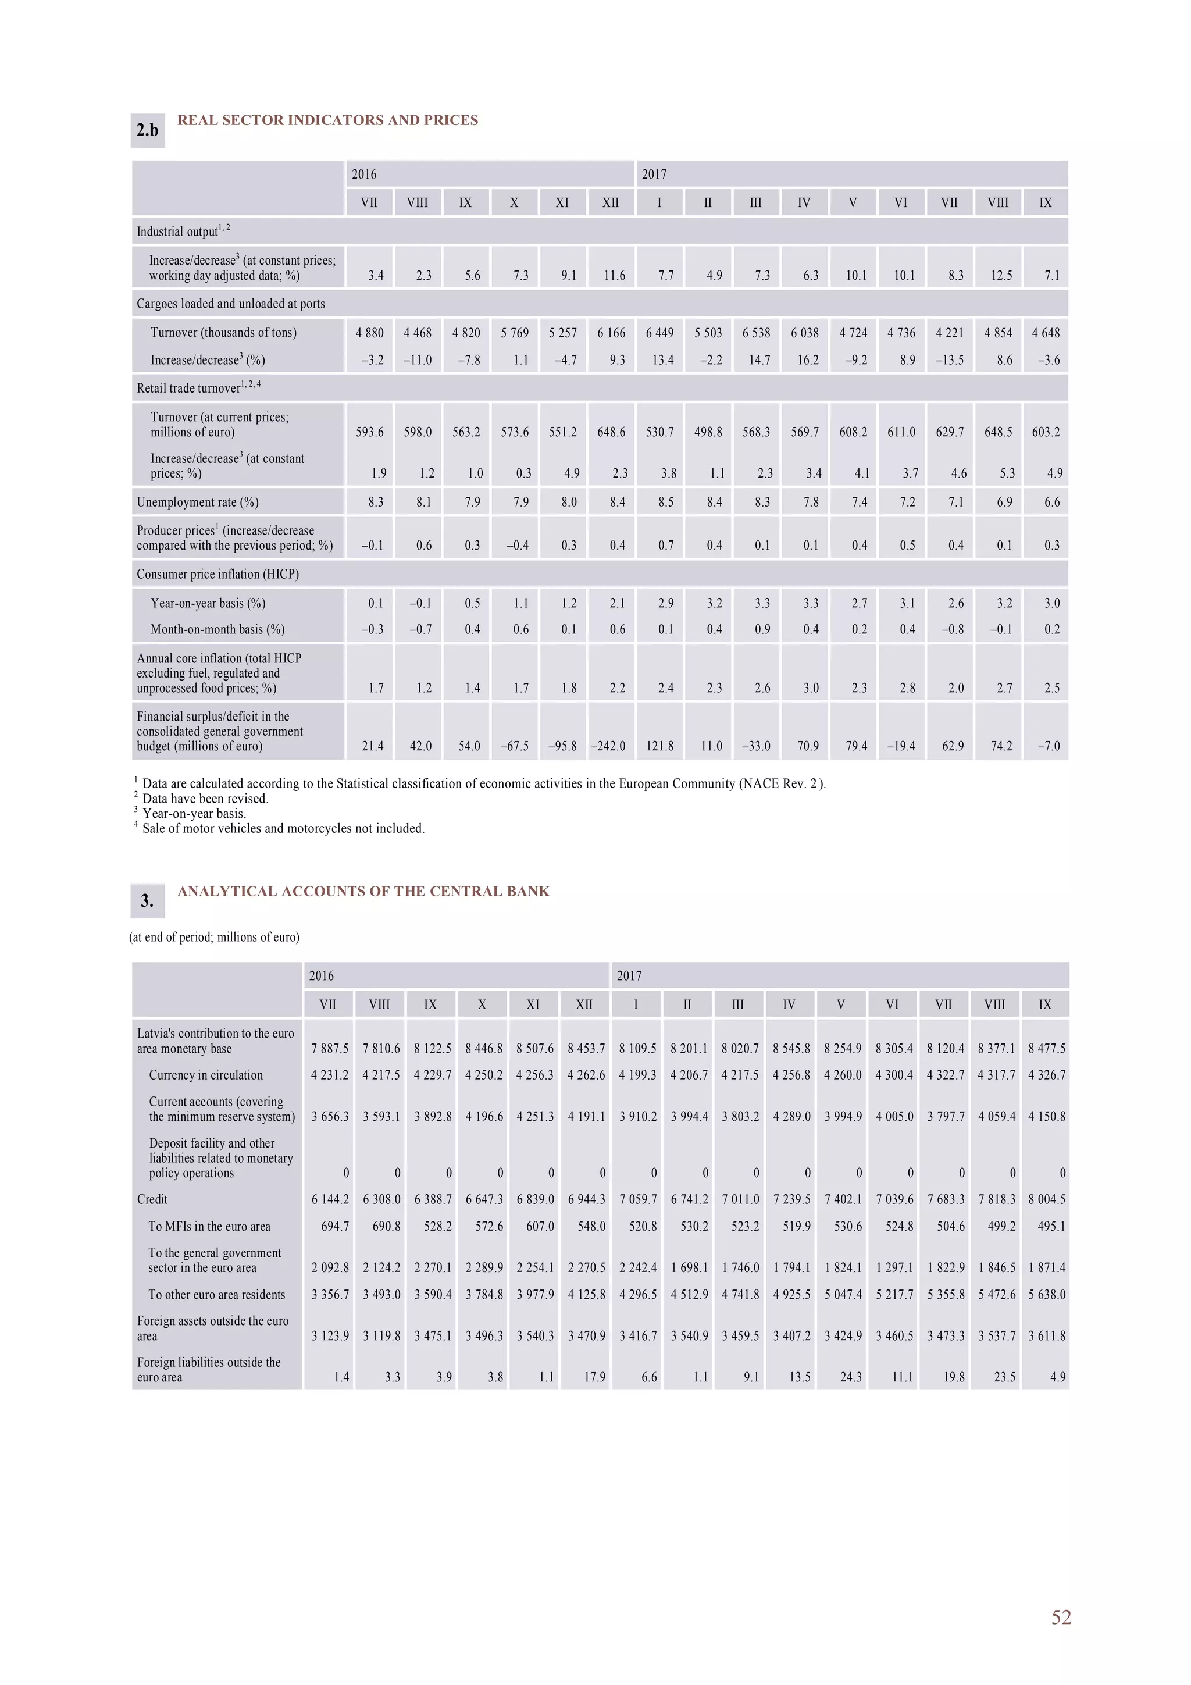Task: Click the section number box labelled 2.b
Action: (148, 131)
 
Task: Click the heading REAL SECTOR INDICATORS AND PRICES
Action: (327, 120)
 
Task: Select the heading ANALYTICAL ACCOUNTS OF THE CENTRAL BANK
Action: (363, 892)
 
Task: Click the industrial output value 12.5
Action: (1001, 276)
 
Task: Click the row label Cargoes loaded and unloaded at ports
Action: (230, 304)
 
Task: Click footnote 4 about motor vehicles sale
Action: (283, 829)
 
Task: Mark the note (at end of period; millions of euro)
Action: (214, 937)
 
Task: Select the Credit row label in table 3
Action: (152, 1199)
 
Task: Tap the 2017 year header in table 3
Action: (629, 976)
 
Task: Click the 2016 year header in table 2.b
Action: (364, 174)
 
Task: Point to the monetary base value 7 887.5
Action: (330, 1049)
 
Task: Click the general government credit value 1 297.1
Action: (894, 1267)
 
